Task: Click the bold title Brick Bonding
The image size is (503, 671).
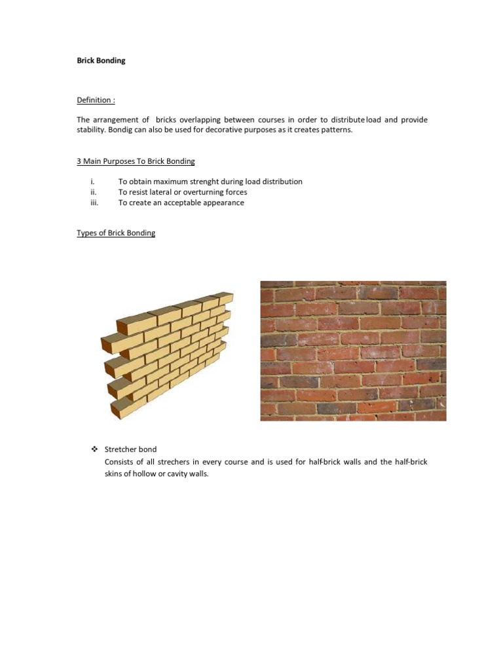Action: [101, 60]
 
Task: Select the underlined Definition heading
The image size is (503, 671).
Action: [96, 100]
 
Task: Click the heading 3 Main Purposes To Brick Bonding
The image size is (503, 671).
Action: [136, 161]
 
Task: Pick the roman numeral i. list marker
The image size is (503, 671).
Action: [93, 182]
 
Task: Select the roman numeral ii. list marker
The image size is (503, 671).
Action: [93, 192]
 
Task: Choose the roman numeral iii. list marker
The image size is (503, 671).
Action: [94, 202]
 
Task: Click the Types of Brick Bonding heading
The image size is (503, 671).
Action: [116, 233]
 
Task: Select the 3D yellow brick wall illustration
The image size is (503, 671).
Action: [166, 355]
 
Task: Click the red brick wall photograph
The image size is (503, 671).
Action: [353, 351]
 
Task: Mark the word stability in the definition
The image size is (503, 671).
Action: [91, 130]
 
